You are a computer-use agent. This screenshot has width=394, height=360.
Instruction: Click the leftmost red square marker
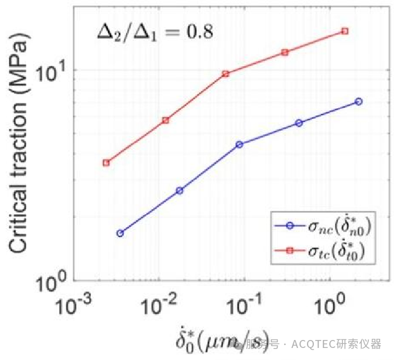pyautogui.click(x=106, y=163)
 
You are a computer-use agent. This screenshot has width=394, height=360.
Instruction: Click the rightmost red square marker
pyautogui.click(x=345, y=31)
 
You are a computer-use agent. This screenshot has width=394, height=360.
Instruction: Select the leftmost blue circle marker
pyautogui.click(x=120, y=233)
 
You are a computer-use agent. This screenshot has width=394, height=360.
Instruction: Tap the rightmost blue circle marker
pyautogui.click(x=358, y=101)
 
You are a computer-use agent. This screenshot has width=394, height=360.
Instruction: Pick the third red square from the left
pyautogui.click(x=226, y=73)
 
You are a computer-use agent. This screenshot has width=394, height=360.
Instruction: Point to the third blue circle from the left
pyautogui.click(x=239, y=144)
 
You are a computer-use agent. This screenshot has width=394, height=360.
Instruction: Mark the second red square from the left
pyautogui.click(x=166, y=120)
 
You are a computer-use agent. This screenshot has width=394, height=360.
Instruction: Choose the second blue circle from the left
pyautogui.click(x=180, y=191)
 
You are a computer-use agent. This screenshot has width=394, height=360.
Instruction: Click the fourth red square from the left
pyautogui.click(x=285, y=52)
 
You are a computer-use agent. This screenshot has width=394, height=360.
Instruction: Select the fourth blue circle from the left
pyautogui.click(x=299, y=123)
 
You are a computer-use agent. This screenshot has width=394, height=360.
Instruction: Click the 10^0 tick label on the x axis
pyautogui.click(x=329, y=308)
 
